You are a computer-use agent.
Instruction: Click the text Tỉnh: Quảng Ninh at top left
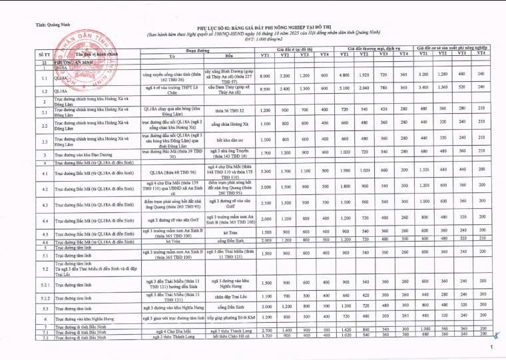tap(53, 25)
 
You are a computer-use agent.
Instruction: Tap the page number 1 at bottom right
tap(491, 348)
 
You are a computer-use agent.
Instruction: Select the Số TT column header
tap(45, 53)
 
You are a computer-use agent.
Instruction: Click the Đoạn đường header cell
tap(198, 50)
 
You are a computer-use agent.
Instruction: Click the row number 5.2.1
tap(45, 283)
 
